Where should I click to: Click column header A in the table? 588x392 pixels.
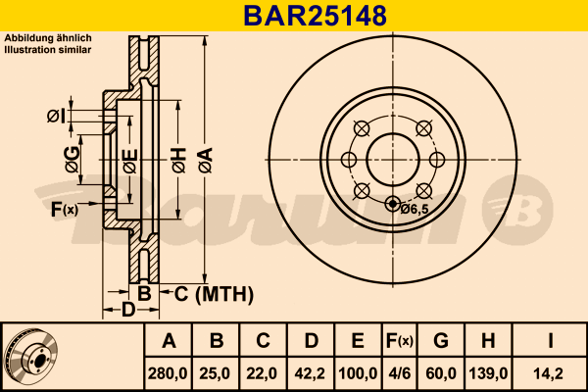tap(169, 341)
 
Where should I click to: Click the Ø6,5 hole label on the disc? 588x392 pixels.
tap(416, 208)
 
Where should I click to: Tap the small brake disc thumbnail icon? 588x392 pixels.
tap(32, 356)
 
